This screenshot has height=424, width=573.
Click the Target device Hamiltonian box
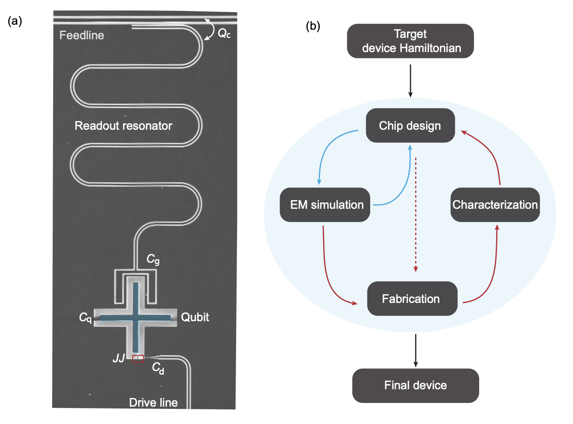[x=411, y=41]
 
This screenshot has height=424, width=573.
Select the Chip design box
[x=410, y=126]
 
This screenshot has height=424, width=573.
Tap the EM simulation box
[x=327, y=205]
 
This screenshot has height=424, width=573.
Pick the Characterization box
[x=495, y=205]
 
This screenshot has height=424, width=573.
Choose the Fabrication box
[x=411, y=299]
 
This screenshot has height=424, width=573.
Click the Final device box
[x=416, y=385]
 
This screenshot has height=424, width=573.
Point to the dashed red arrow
[x=416, y=215]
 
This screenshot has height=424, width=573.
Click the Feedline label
[x=81, y=35]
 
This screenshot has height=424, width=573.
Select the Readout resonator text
[x=123, y=126]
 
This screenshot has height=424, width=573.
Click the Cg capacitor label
[x=153, y=260]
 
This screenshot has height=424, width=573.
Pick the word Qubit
[x=195, y=317]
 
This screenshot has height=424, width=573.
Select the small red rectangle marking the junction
[x=138, y=359]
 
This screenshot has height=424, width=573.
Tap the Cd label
[x=158, y=369]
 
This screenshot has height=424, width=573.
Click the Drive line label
[x=153, y=403]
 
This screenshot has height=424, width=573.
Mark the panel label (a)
[x=15, y=21]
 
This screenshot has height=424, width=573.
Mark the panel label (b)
[x=313, y=26]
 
